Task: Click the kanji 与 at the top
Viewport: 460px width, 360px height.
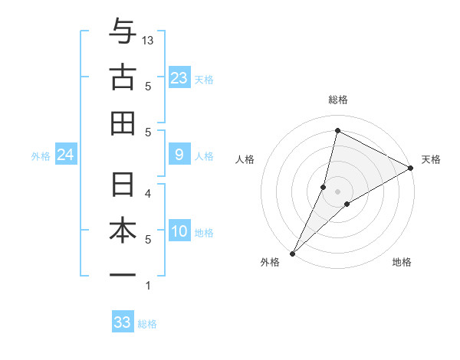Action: pyautogui.click(x=123, y=32)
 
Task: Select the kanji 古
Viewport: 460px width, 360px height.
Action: pyautogui.click(x=123, y=77)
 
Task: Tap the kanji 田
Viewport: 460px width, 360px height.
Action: pyautogui.click(x=123, y=123)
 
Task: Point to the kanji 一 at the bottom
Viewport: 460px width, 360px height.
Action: pyautogui.click(x=123, y=274)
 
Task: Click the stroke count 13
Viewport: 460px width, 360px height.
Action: pyautogui.click(x=149, y=40)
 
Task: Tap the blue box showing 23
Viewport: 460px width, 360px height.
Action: pyautogui.click(x=179, y=77)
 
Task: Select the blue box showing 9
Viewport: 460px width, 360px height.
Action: pyautogui.click(x=179, y=155)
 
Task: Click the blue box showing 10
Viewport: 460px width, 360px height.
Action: pyautogui.click(x=179, y=231)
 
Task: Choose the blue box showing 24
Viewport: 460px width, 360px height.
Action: pyautogui.click(x=66, y=155)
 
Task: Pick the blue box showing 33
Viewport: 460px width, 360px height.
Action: pyautogui.click(x=123, y=322)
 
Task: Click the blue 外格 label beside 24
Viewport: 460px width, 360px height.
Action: pyautogui.click(x=41, y=156)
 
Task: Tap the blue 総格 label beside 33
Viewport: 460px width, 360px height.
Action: pyautogui.click(x=148, y=324)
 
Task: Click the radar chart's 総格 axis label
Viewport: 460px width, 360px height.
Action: pyautogui.click(x=337, y=100)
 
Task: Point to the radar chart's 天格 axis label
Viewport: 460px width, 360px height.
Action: pyautogui.click(x=431, y=159)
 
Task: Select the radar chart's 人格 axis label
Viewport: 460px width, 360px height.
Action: pyautogui.click(x=245, y=159)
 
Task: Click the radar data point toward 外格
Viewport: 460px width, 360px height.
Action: pyautogui.click(x=292, y=253)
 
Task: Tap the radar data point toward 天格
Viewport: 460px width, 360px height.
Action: pyautogui.click(x=411, y=168)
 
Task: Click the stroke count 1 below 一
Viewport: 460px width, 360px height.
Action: pyautogui.click(x=148, y=286)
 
